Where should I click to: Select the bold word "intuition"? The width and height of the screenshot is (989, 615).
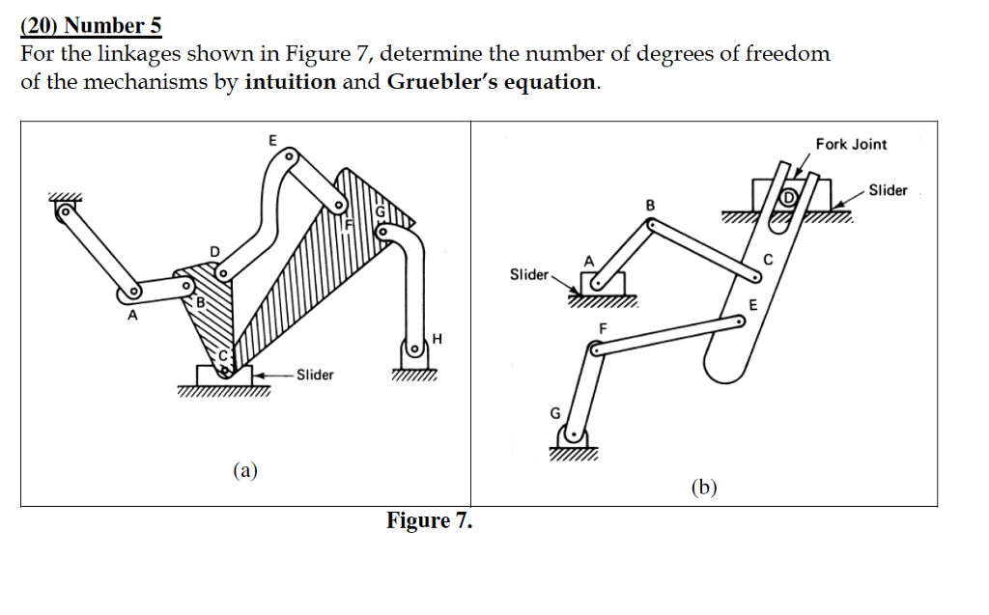click(290, 82)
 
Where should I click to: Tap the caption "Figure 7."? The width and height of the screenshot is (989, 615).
click(429, 521)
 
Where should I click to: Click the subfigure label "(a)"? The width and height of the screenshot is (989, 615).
click(245, 470)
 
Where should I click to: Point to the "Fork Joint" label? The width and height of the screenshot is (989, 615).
click(851, 144)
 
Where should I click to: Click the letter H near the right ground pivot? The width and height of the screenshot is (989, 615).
click(438, 338)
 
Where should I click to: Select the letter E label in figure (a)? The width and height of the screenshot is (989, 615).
click(272, 140)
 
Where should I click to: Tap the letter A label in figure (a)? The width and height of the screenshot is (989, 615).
click(132, 315)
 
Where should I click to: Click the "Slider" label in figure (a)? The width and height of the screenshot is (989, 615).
click(315, 375)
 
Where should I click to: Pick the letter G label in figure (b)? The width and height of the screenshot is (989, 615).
click(554, 412)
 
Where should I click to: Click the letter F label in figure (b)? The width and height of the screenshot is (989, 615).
click(604, 328)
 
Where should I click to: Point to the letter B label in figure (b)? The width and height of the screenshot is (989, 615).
click(650, 205)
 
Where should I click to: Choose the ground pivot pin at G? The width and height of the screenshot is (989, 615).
click(574, 434)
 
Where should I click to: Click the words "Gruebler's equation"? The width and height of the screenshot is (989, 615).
click(492, 82)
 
